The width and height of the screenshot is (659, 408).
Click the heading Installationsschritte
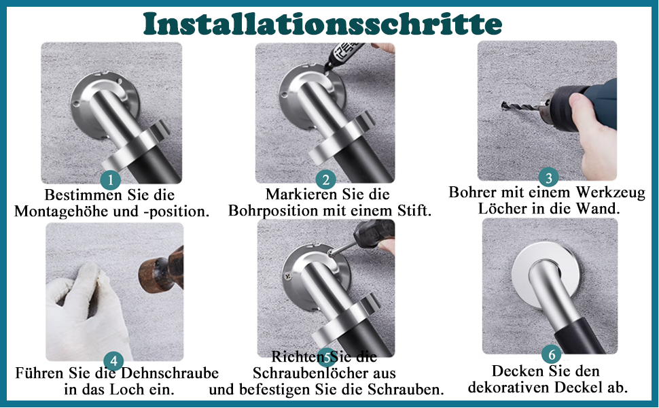(x=323, y=24)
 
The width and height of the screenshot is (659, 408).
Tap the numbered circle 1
(x=111, y=180)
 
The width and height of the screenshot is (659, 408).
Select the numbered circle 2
(x=325, y=180)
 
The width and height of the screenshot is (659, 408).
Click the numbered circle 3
(x=548, y=177)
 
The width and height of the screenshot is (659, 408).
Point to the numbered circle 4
(x=113, y=361)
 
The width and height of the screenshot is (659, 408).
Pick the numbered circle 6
(x=552, y=354)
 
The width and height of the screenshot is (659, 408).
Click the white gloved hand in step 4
(x=86, y=313)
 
